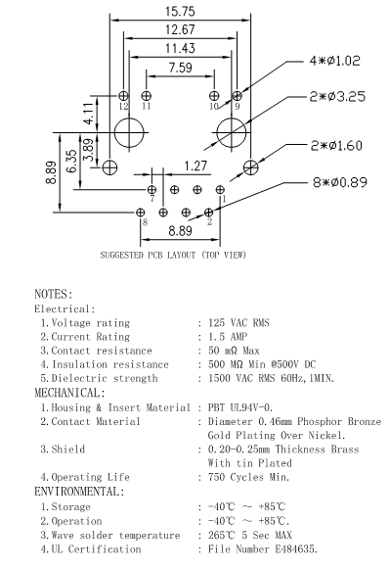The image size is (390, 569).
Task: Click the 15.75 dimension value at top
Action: click(x=180, y=11)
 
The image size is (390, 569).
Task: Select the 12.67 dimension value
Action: click(x=180, y=29)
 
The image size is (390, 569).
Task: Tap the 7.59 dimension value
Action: click(x=180, y=68)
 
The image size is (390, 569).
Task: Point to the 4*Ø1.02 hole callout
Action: click(x=334, y=61)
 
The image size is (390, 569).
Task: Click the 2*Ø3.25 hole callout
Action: click(x=337, y=97)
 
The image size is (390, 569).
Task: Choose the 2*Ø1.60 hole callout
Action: click(x=336, y=146)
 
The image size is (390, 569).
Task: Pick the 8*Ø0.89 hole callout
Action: click(x=340, y=182)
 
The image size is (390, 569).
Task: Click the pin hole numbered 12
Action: click(x=123, y=96)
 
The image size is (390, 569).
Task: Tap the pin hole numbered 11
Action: click(x=146, y=96)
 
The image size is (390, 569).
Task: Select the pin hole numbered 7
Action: click(x=152, y=189)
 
